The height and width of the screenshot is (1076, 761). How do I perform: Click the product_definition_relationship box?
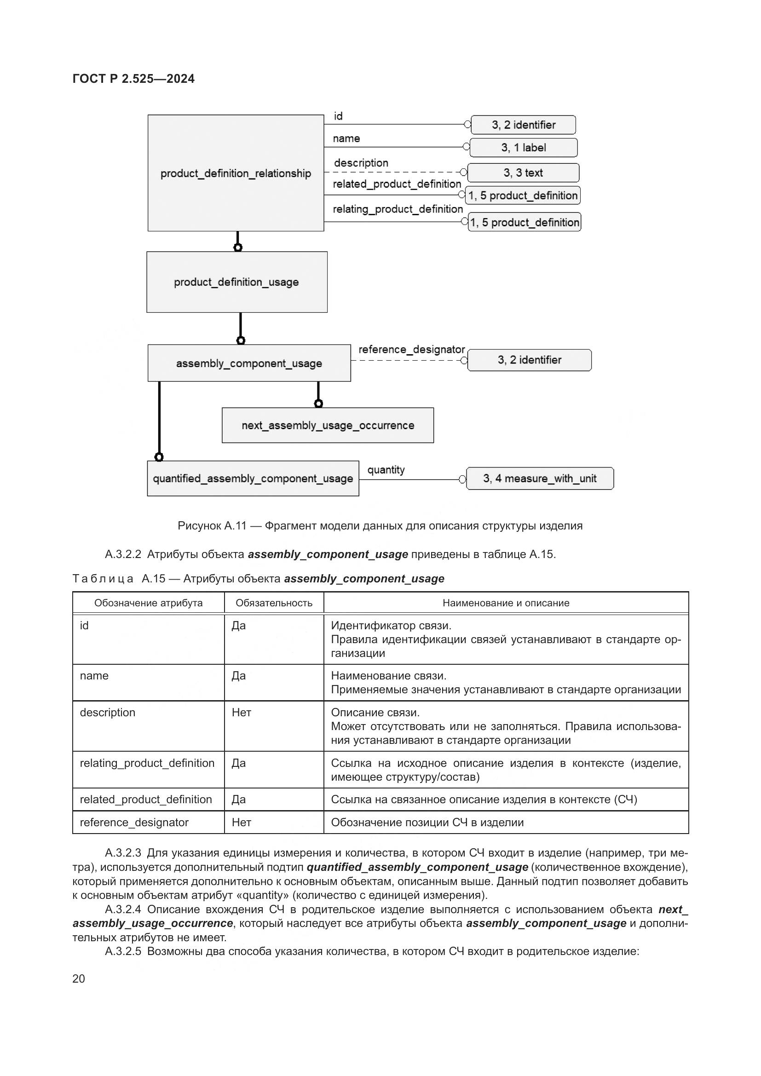point(236,173)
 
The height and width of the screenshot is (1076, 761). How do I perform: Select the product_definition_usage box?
point(236,282)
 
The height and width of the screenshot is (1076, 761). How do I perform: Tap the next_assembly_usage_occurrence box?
point(328,425)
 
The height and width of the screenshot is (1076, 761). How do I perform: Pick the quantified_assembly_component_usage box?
point(253,478)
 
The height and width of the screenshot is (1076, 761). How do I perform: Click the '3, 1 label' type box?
point(524,148)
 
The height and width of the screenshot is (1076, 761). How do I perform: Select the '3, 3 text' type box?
point(523,173)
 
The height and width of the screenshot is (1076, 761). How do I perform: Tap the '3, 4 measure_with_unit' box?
point(540,478)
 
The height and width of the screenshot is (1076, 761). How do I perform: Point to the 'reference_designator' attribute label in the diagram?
point(411,350)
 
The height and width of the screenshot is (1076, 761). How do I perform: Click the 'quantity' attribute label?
point(386,470)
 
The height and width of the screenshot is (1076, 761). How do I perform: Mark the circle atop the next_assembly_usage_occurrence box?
point(319,403)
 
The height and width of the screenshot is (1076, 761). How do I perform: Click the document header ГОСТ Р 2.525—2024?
point(133,79)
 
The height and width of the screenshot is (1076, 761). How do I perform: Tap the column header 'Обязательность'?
point(274,603)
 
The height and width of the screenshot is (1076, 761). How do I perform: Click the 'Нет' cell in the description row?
point(242,713)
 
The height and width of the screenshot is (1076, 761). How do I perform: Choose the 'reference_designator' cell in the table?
point(134,823)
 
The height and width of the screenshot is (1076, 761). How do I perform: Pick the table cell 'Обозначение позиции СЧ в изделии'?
point(427,823)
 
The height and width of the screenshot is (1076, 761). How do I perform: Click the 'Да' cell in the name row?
point(238,676)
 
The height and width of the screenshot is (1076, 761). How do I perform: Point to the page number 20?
point(79,979)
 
